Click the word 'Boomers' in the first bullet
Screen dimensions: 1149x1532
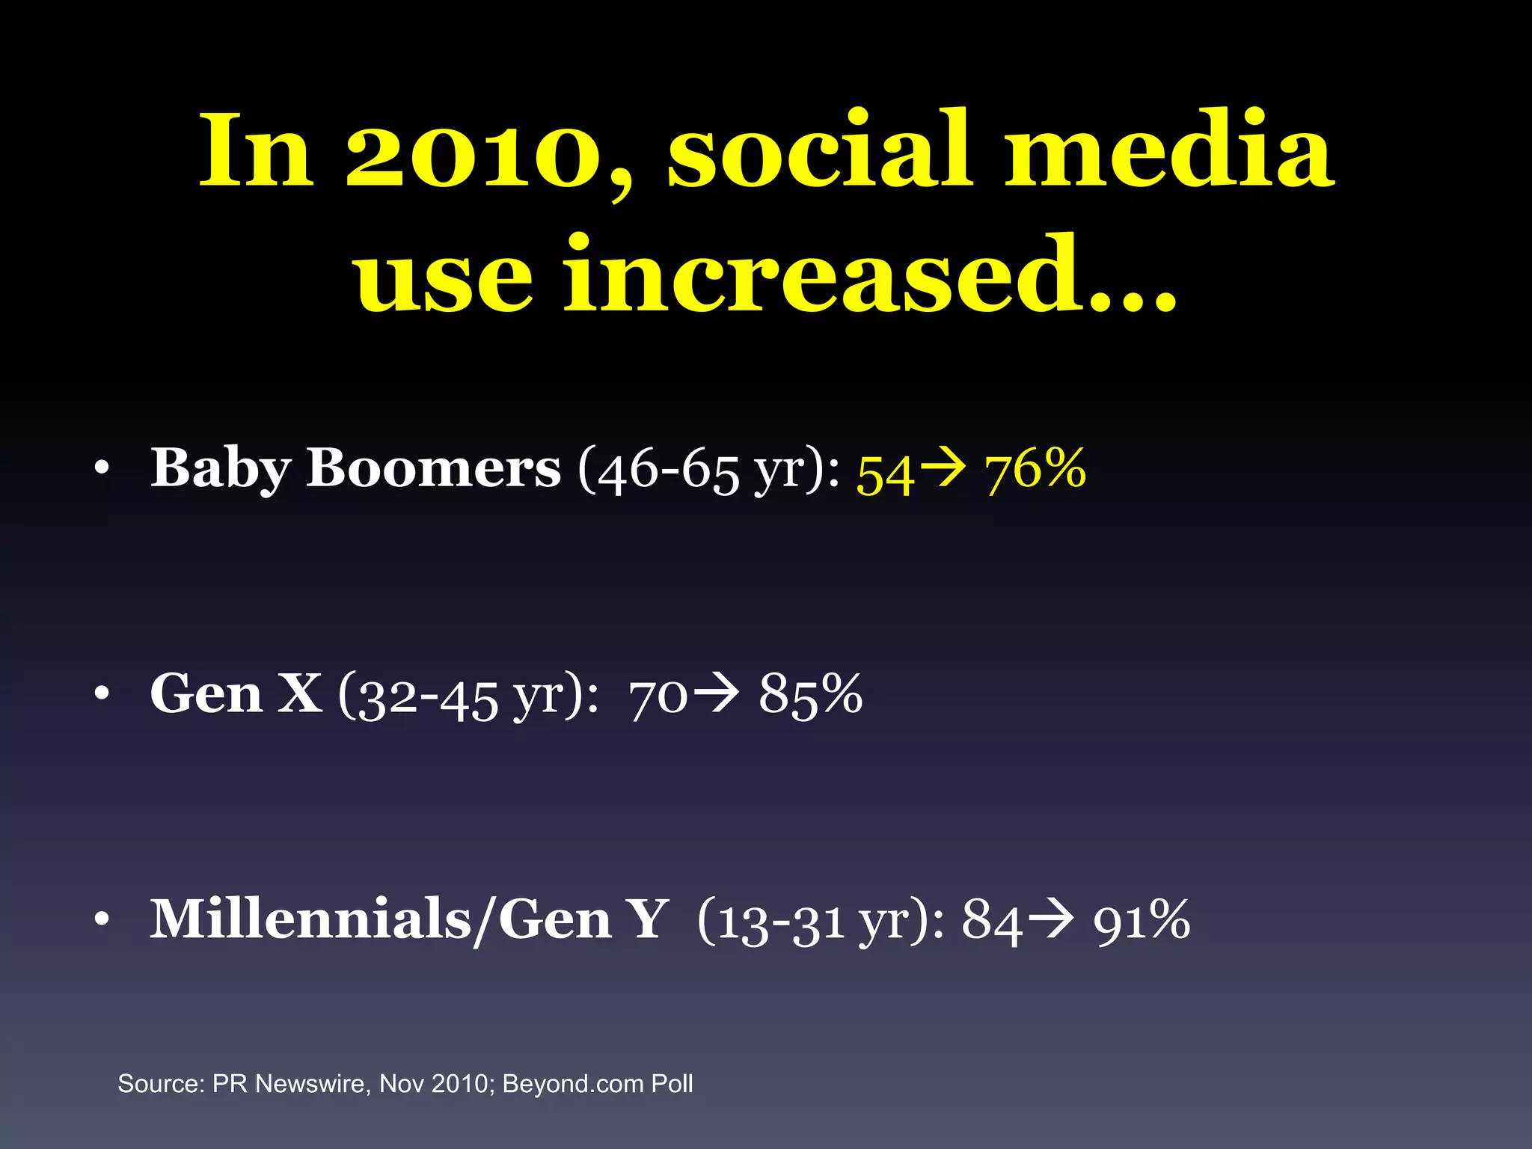[433, 468]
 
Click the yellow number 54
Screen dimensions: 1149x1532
[886, 473]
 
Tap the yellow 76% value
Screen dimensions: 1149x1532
[1035, 470]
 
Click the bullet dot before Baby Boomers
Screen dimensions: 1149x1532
[102, 471]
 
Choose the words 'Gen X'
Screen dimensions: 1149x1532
[236, 694]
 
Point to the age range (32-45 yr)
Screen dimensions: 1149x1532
[468, 696]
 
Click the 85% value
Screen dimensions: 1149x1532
[811, 695]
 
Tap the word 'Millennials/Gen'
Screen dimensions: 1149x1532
[381, 920]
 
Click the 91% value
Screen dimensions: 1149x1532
[1142, 921]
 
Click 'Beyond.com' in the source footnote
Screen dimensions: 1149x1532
[573, 1084]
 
